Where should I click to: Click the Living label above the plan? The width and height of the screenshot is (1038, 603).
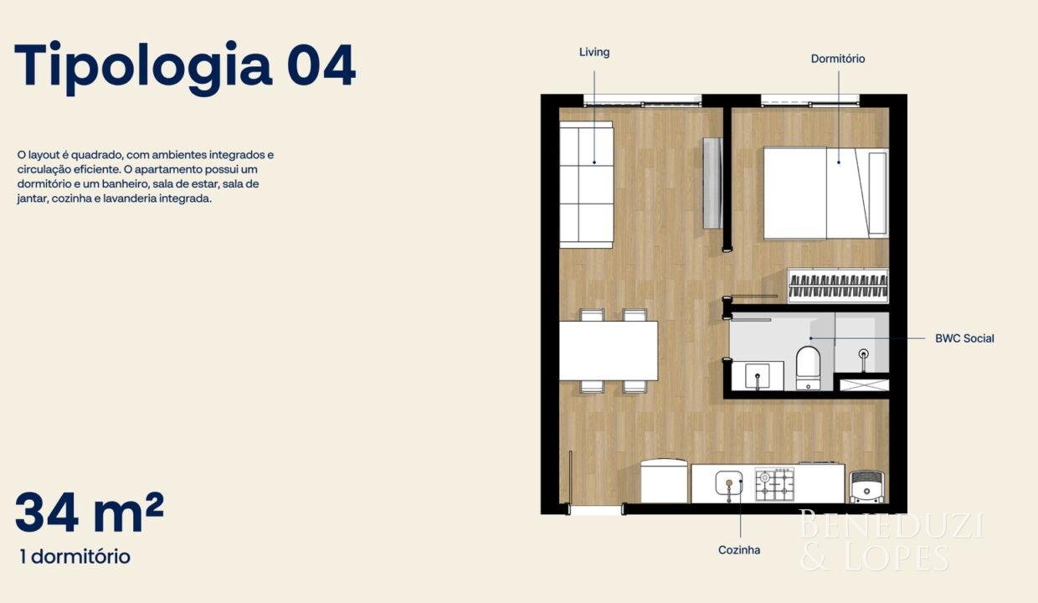(x=594, y=52)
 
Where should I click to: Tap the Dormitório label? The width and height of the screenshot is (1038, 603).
(x=838, y=59)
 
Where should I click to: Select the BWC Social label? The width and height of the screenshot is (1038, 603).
(x=964, y=338)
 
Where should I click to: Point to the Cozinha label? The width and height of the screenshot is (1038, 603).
(x=739, y=550)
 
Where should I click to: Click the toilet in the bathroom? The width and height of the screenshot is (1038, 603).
(x=808, y=368)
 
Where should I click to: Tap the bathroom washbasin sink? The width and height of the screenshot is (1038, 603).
(x=758, y=376)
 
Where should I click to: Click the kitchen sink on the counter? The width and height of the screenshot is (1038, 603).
(x=728, y=483)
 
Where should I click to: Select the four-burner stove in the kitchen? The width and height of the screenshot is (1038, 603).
(x=774, y=484)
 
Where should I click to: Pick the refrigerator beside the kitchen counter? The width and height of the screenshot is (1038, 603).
(x=664, y=481)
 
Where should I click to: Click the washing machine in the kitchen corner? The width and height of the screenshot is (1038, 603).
(x=866, y=487)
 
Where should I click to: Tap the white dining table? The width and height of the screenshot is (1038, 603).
(x=609, y=351)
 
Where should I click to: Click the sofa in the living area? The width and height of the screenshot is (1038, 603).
(x=586, y=184)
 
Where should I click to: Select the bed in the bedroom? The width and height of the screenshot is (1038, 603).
(x=825, y=193)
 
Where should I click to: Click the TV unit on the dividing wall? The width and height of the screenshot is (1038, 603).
(x=712, y=183)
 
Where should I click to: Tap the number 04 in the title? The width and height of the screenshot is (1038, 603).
(x=321, y=65)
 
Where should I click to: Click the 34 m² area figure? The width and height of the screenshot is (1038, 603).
(x=90, y=513)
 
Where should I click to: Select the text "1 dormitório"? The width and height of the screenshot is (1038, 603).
(x=75, y=557)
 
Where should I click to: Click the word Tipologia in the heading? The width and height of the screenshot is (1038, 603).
(x=143, y=67)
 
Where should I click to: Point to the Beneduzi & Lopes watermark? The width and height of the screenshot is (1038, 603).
(x=891, y=540)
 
